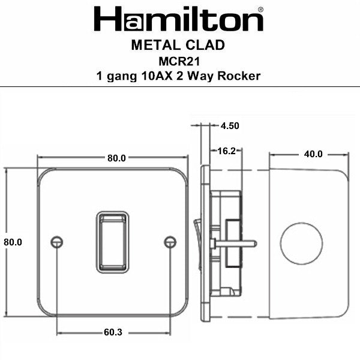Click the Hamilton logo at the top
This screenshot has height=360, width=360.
click(178, 20)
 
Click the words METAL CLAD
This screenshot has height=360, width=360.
click(178, 45)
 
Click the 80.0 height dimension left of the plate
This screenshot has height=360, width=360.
click(13, 242)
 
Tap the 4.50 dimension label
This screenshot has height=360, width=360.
click(230, 126)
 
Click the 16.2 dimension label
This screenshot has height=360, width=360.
click(226, 151)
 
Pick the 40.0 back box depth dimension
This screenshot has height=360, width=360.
click(313, 154)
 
